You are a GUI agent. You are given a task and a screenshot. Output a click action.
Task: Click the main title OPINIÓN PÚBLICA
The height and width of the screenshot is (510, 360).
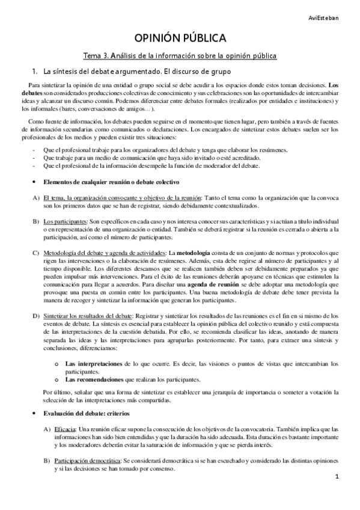pyautogui.click(x=180, y=39)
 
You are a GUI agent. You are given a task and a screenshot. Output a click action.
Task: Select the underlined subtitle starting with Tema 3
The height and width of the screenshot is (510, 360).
pyautogui.click(x=180, y=56)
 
